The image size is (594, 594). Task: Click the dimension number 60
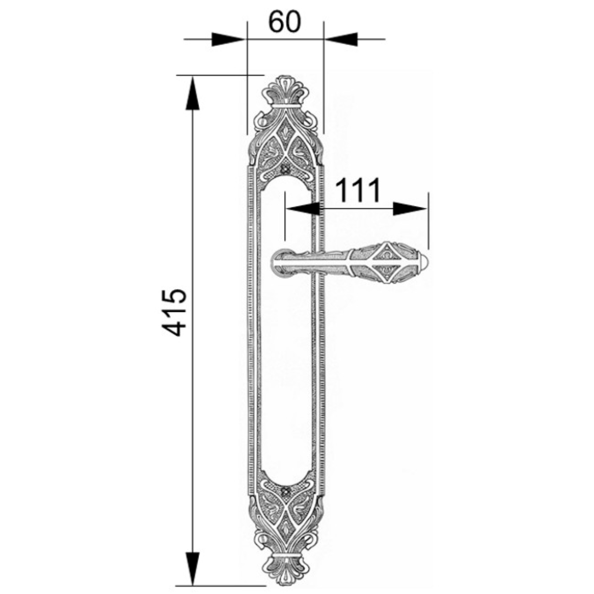[x=284, y=23]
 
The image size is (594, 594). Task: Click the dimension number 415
[x=175, y=312]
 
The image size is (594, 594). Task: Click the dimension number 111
[x=357, y=191]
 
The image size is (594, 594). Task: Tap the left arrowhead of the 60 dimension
[x=229, y=40]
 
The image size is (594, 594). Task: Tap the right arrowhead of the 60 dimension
[x=341, y=40]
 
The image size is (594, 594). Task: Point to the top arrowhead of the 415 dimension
[x=193, y=93]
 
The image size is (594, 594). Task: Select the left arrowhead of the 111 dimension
[x=303, y=209]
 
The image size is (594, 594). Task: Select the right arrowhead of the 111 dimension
[x=410, y=209]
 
